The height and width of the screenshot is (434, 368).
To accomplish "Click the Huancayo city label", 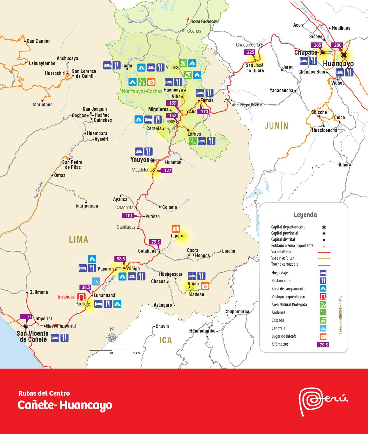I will tap(338, 64).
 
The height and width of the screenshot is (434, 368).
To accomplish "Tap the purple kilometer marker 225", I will tap(250, 52).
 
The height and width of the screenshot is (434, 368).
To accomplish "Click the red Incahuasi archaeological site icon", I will tap(81, 297).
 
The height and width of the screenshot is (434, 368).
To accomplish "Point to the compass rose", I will tap(112, 337).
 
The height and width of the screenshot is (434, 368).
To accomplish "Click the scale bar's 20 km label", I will tap(136, 353).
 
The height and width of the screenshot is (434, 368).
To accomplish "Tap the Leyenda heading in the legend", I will tap(305, 215).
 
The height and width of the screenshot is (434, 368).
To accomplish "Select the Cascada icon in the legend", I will tap(323, 320).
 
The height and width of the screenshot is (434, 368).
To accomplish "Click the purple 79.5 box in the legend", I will tap(323, 344).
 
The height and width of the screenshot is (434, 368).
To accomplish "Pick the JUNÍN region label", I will tap(276, 126).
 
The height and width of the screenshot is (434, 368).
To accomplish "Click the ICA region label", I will tap(166, 340).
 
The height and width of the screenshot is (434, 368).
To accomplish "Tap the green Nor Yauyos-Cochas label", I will tap(142, 91).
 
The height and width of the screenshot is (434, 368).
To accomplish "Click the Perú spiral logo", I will tap(310, 401).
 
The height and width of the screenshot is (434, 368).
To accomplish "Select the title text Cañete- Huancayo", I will tap(65, 405).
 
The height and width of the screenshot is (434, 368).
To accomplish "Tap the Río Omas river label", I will tap(38, 190).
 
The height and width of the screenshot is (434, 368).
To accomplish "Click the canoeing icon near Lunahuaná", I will tap(96, 281).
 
